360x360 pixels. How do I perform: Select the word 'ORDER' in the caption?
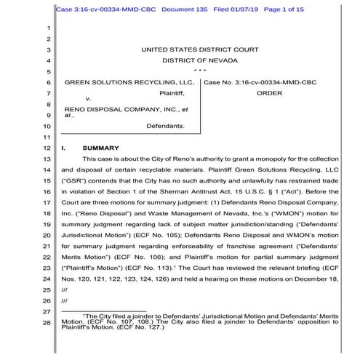point(269,93)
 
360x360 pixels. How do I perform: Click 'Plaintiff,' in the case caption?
point(172,93)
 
